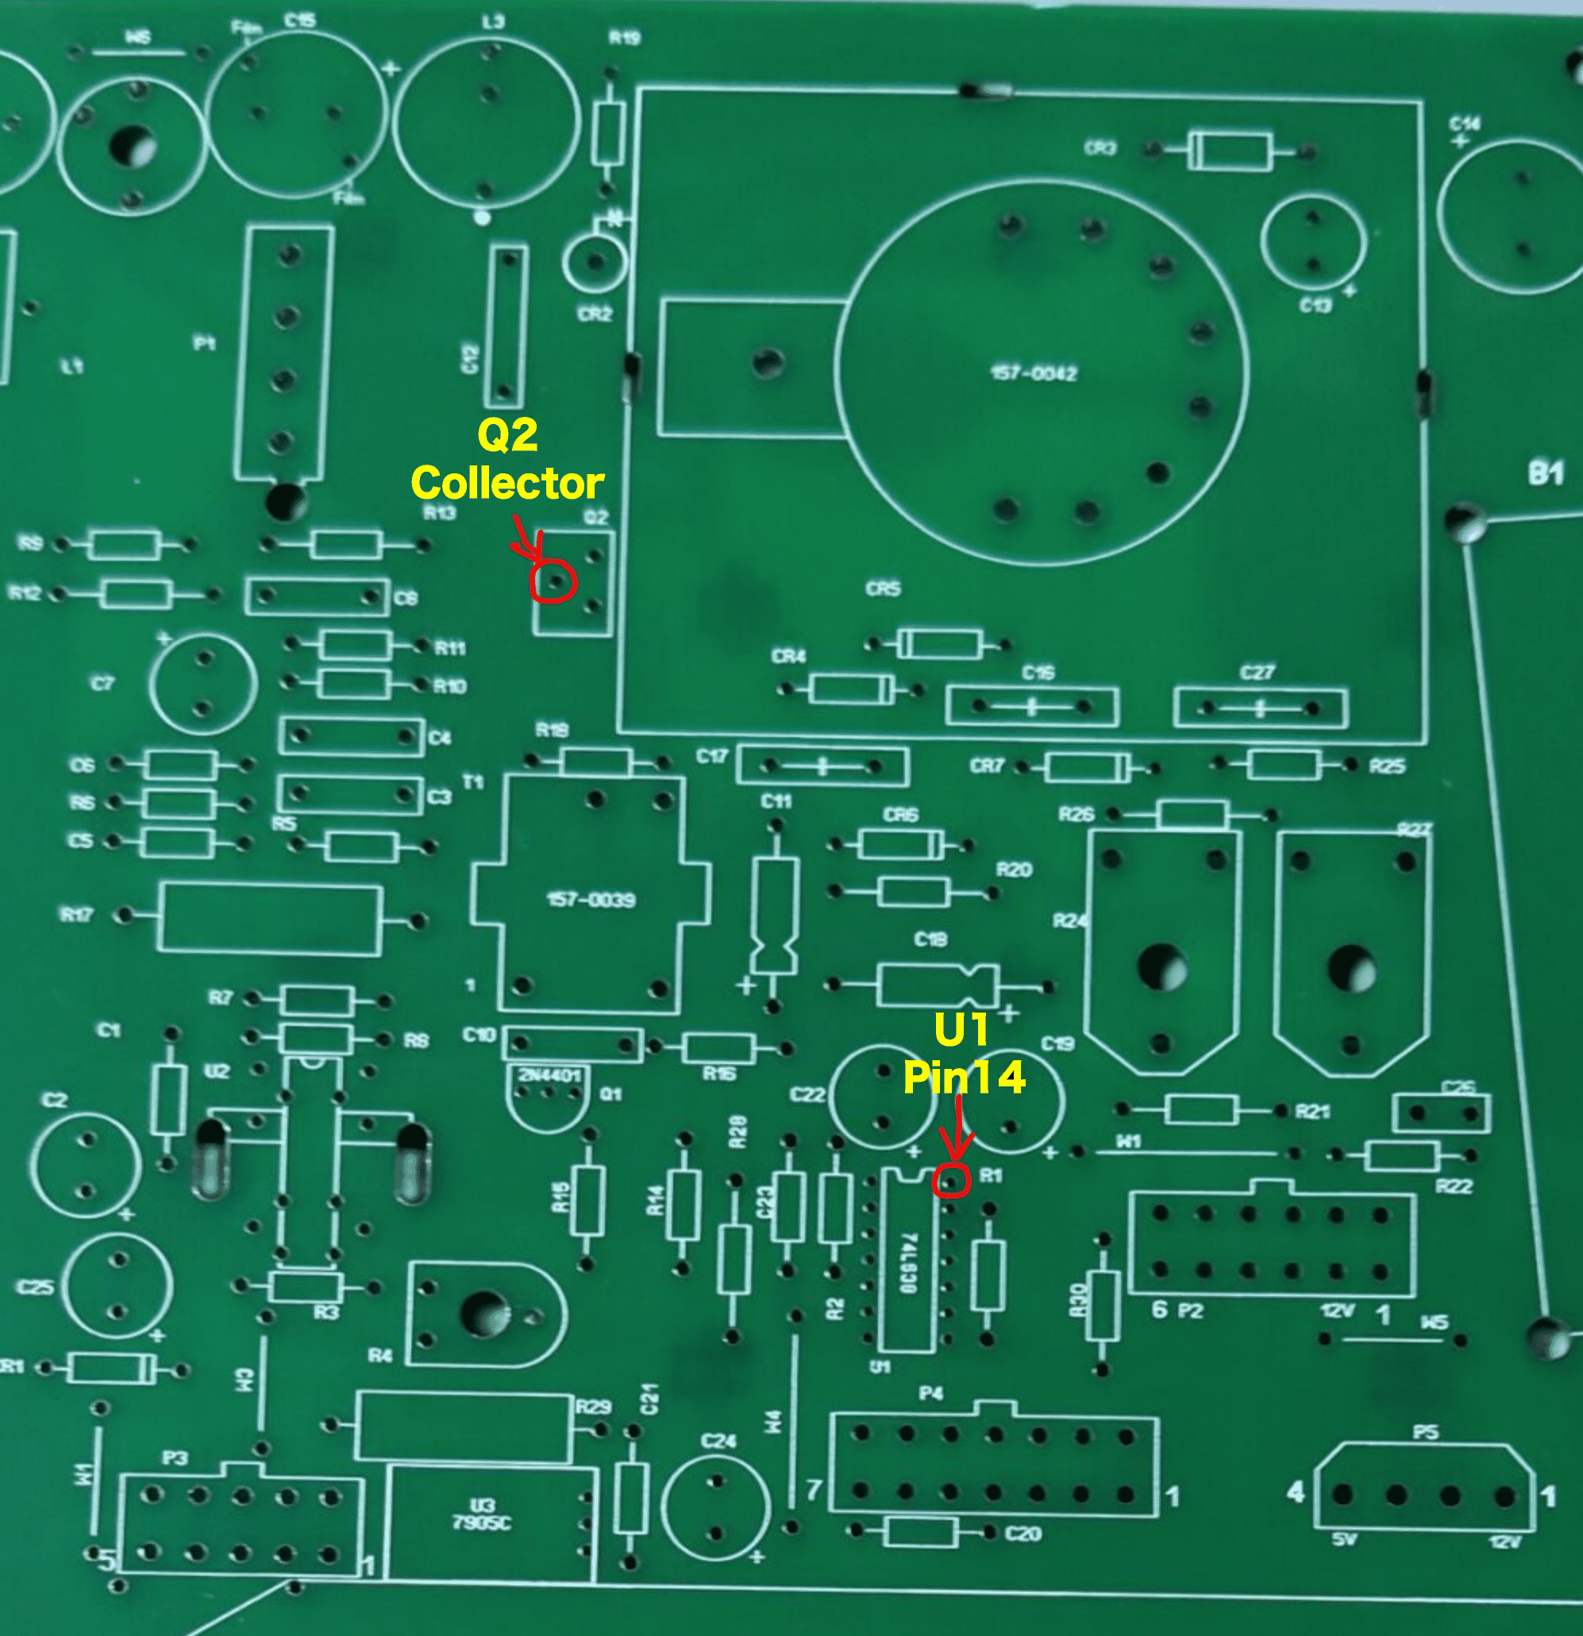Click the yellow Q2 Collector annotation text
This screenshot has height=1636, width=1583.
[507, 460]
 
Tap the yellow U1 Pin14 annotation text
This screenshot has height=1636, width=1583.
[964, 1053]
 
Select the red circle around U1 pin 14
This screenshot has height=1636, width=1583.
[953, 1180]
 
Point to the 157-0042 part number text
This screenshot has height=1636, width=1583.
[1034, 373]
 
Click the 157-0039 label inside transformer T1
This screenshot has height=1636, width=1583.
[591, 900]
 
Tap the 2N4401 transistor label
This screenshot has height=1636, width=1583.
[549, 1075]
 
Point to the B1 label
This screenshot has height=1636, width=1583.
[1546, 474]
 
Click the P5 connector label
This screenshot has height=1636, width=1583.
[1425, 1433]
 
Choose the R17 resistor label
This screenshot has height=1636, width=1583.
[77, 915]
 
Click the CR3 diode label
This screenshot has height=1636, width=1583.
[1100, 148]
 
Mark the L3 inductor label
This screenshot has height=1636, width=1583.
[493, 21]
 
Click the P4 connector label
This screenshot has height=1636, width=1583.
[931, 1393]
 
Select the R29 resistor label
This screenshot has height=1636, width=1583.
[592, 1407]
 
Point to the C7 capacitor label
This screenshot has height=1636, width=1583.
[102, 684]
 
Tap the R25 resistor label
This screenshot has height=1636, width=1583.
[1387, 766]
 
